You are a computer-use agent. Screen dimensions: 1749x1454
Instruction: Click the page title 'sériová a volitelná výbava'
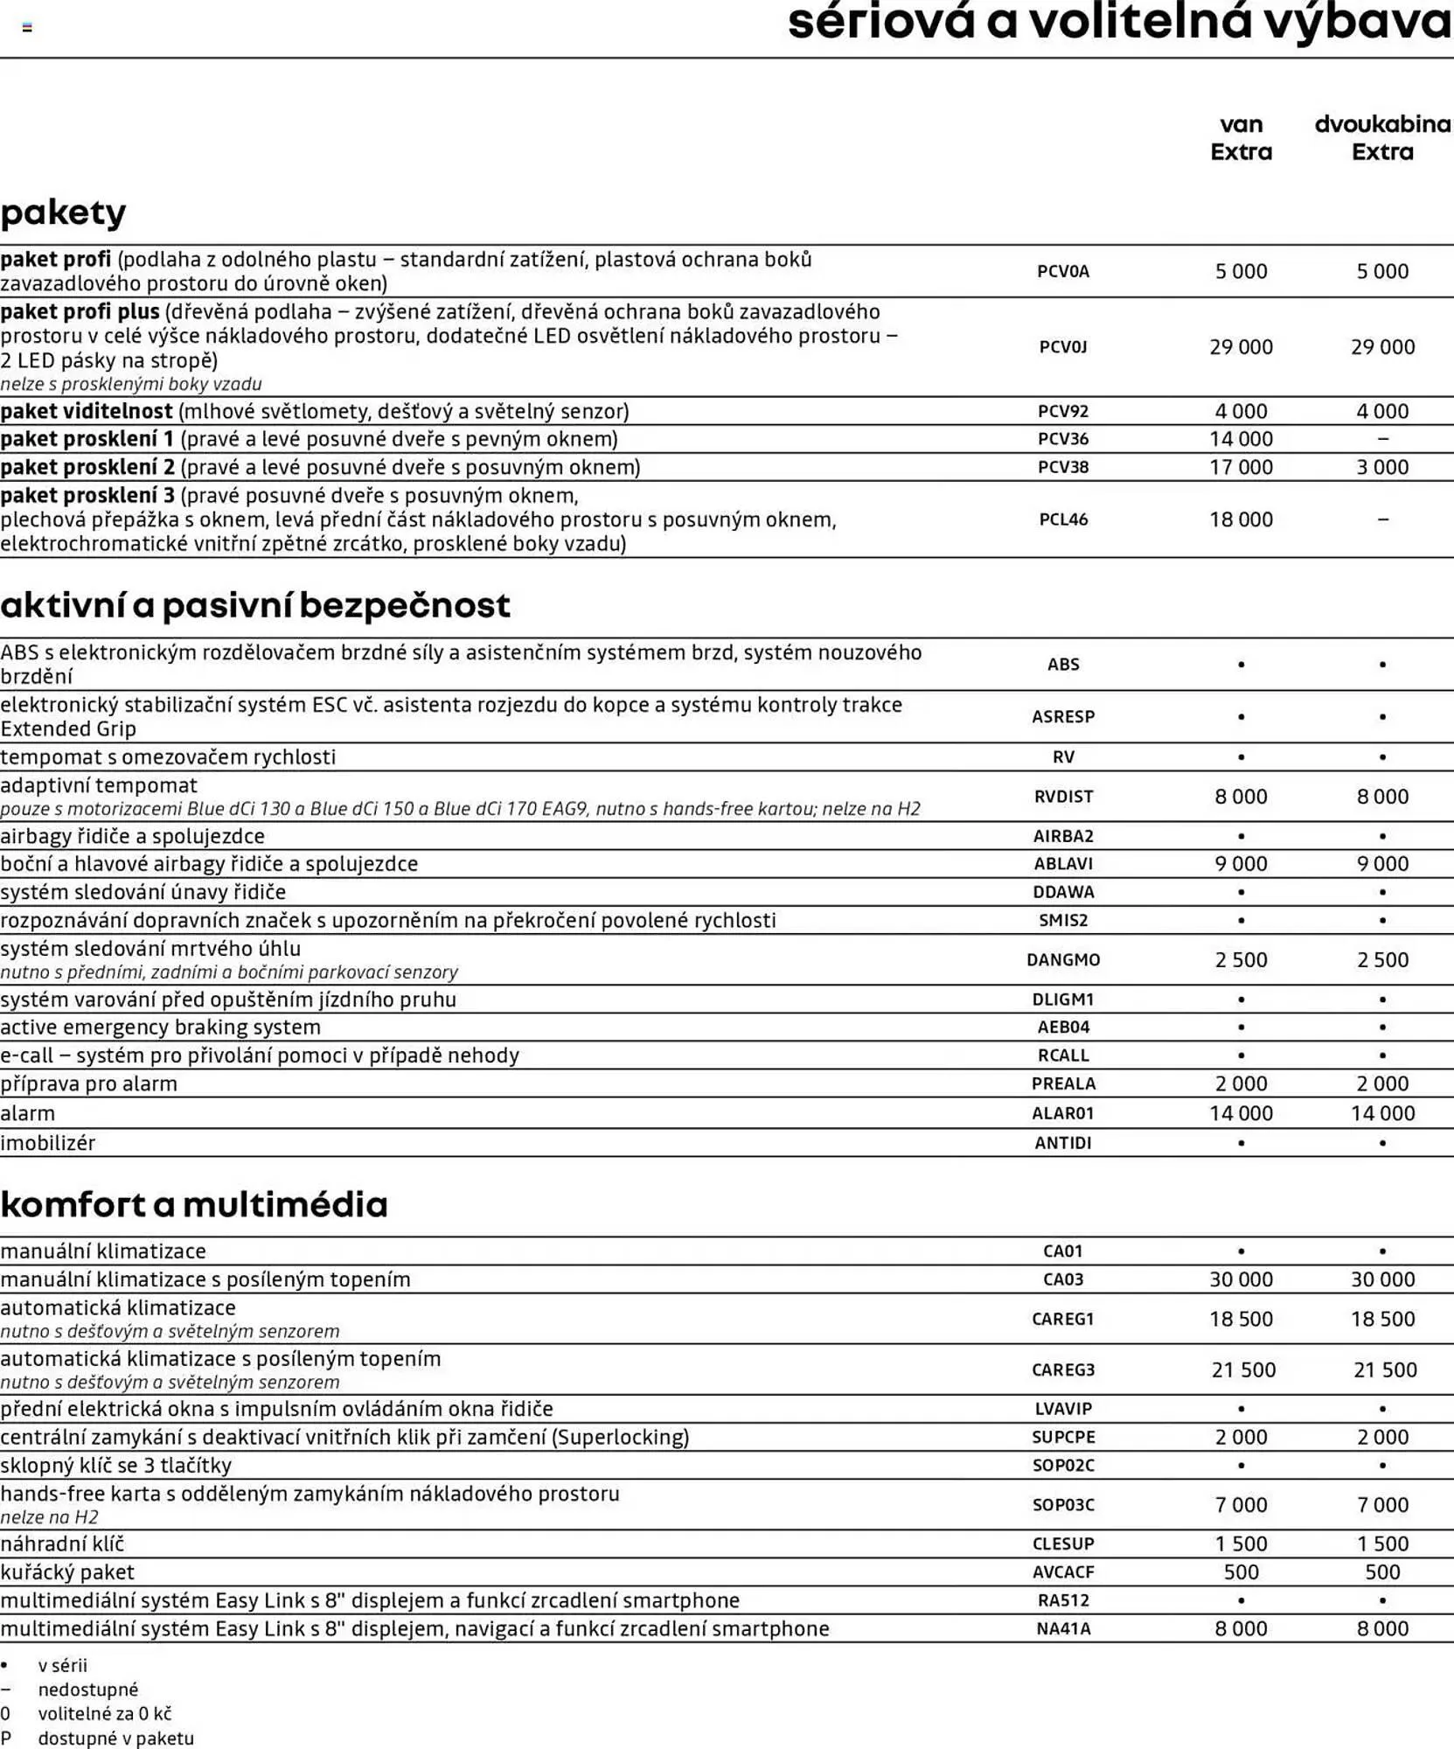pos(1119,23)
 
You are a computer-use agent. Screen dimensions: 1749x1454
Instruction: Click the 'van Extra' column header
pos(1241,138)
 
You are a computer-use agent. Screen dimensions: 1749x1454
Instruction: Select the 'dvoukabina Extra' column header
pos(1382,138)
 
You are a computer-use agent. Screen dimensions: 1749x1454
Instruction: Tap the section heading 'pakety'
pos(63,213)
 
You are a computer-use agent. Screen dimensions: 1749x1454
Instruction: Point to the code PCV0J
pos(1063,347)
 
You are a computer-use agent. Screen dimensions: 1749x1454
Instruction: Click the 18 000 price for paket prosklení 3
pos(1241,519)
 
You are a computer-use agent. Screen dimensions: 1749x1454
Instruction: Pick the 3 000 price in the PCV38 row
pos(1382,467)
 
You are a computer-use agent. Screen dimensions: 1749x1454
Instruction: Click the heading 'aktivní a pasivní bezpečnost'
pos(255,605)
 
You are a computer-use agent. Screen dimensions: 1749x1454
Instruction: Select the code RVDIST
pos(1063,797)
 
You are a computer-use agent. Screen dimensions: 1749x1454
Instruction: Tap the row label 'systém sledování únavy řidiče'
pos(143,892)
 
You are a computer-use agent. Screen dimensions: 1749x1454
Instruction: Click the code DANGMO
pos(1063,960)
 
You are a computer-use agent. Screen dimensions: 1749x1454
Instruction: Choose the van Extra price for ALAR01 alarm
pos(1241,1113)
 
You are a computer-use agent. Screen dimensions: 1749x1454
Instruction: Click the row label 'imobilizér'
pos(48,1143)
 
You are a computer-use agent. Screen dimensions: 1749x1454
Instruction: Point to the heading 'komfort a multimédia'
pos(194,1205)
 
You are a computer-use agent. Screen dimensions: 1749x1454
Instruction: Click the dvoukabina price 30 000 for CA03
pos(1382,1279)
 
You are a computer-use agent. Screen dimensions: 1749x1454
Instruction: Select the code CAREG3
pos(1063,1370)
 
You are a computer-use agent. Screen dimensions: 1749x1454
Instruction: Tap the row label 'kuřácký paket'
pos(67,1572)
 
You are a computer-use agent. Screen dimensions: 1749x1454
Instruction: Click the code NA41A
pos(1063,1629)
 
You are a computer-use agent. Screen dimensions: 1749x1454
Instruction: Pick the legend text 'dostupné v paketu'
pos(115,1739)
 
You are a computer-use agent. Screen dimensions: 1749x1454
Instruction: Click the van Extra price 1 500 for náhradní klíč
pos(1241,1544)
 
